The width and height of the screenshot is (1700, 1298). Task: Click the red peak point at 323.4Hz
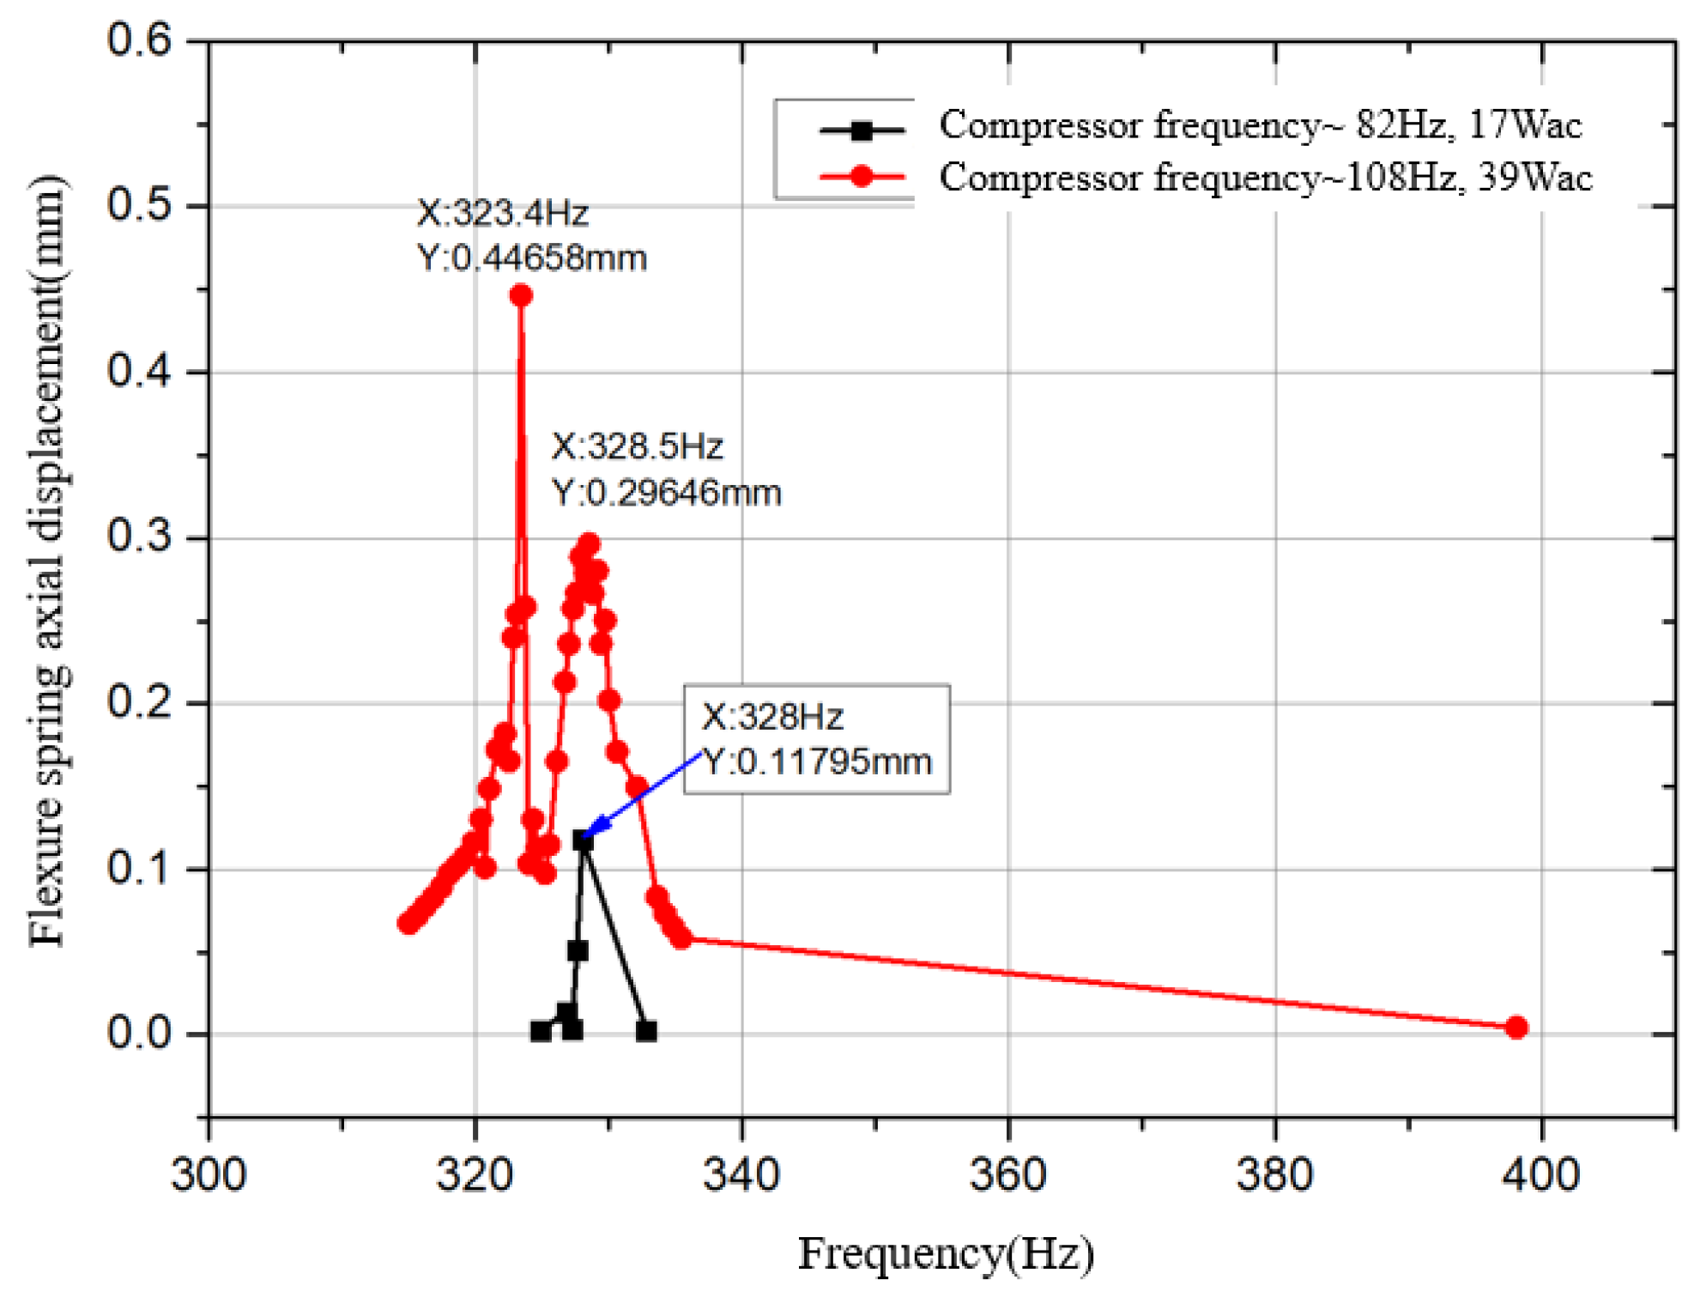(521, 295)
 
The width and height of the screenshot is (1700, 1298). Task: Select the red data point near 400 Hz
(1515, 1028)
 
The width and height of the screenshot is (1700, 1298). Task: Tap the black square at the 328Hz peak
(584, 841)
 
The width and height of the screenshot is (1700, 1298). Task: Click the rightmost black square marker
(647, 1031)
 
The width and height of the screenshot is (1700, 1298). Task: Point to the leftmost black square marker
(540, 1031)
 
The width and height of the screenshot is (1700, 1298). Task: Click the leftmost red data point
(408, 923)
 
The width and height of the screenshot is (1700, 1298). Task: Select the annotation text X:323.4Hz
(503, 213)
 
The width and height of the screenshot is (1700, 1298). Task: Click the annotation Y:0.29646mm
(666, 493)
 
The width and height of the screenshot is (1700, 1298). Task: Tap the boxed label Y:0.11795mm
(817, 761)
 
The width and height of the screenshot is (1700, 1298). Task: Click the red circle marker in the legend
(862, 177)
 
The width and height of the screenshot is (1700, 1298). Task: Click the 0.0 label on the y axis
(139, 1033)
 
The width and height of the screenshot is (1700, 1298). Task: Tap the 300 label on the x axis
(209, 1174)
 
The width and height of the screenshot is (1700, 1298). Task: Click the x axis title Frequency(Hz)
(946, 1253)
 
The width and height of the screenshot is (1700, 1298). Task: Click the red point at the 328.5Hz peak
(589, 544)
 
